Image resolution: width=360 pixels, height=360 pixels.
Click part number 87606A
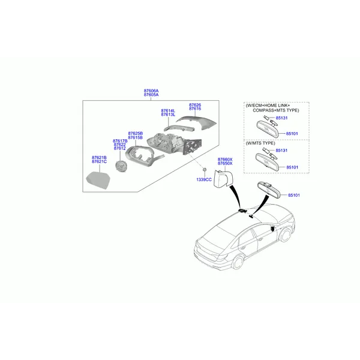coord(151,91)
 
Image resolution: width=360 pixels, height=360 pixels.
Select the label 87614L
coord(168,110)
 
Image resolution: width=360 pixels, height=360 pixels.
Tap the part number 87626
coord(195,105)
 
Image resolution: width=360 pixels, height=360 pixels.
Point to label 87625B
coord(135,133)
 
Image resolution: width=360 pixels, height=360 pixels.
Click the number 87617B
coord(120,141)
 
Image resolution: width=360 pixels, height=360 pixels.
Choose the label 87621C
coord(99,161)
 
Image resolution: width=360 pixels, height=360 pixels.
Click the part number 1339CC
coord(204,179)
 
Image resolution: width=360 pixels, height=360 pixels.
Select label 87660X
coord(225,160)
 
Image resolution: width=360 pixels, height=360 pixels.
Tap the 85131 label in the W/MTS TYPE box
coord(281,151)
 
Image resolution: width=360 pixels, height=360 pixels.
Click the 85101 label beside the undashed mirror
coord(294,195)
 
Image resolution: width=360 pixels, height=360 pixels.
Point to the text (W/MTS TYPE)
coord(260,143)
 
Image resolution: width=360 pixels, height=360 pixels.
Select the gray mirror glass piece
coord(98,180)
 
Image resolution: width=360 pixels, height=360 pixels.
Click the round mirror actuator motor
coord(121,166)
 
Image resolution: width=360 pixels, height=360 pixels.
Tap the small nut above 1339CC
coord(205,170)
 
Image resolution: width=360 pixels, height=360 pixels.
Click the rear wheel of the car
coord(238,262)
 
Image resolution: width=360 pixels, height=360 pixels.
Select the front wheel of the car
coord(285,235)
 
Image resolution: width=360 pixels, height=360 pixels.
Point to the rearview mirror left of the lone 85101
coord(269,190)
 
